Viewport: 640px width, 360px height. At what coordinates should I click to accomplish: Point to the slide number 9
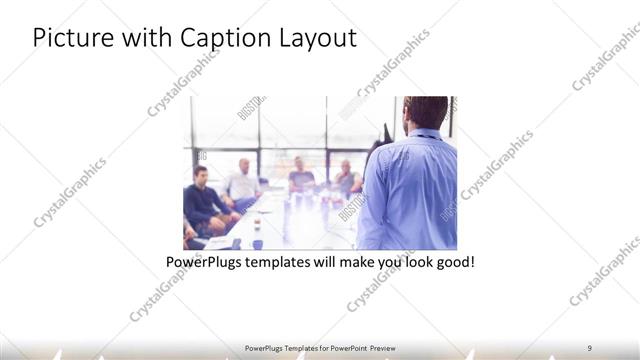[x=589, y=347]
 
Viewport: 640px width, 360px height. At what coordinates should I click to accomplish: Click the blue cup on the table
[x=257, y=243]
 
